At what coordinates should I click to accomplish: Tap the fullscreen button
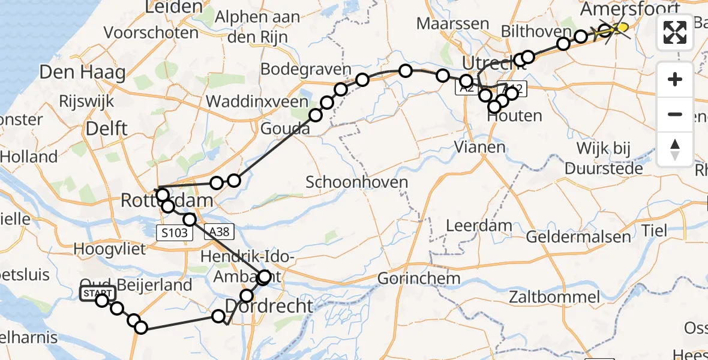pos(675,32)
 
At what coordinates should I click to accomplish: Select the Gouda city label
pos(285,129)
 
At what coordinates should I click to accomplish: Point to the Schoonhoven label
pos(356,182)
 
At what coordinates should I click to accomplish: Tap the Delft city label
pos(106,128)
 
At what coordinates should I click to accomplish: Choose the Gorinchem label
pos(419,278)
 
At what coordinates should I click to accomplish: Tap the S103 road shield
pos(175,232)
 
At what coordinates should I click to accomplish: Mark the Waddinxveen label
pos(256,101)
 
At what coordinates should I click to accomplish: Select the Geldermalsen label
pos(578,236)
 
